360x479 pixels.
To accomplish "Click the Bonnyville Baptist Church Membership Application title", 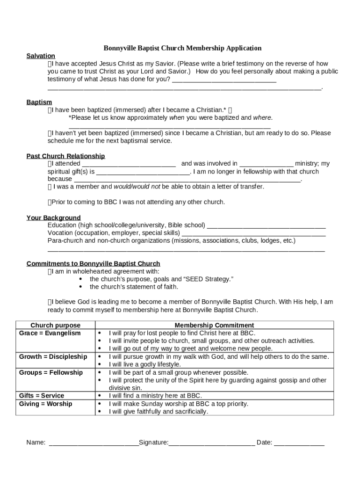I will (182, 48).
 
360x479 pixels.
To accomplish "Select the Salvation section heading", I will (41, 56).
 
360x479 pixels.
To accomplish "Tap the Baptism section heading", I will (39, 102).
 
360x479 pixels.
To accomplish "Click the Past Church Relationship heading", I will (65, 156).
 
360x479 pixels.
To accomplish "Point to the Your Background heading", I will (53, 218).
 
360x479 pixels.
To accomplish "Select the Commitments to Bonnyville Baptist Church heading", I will (93, 263).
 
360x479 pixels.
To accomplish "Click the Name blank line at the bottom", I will (94, 443).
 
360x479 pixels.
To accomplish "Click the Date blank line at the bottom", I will (299, 443).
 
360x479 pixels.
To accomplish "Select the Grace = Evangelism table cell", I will (50, 333).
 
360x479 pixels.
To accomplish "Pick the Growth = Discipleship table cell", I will (53, 356).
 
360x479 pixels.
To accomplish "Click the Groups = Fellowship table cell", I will (50, 372).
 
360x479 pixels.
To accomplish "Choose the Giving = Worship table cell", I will (45, 404).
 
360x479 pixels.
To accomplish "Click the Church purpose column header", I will (55, 325).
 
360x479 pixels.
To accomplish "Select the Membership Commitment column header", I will (214, 325).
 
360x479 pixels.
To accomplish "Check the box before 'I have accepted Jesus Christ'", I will (50, 64).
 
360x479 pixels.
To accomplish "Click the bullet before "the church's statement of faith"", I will (81, 287).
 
